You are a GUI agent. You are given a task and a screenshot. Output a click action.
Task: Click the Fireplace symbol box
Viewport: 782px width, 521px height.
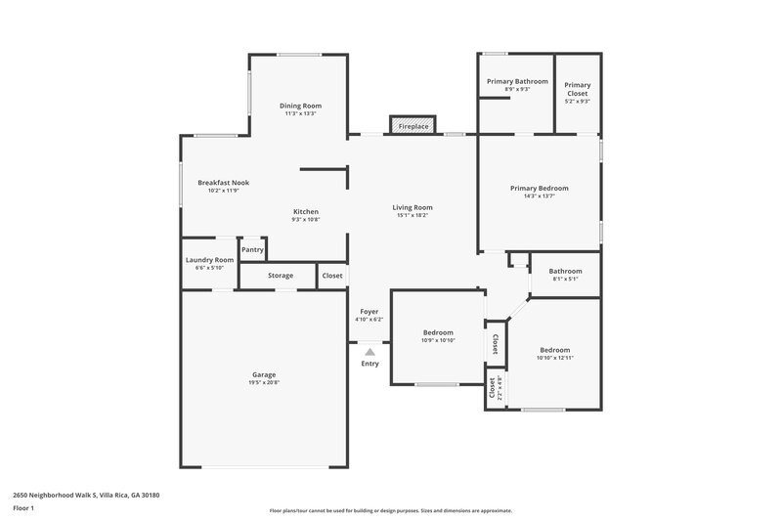(x=413, y=126)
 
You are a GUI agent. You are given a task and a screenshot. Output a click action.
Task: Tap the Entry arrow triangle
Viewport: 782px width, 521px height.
(x=369, y=351)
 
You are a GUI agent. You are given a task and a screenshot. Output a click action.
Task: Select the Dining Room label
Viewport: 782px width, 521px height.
(x=300, y=106)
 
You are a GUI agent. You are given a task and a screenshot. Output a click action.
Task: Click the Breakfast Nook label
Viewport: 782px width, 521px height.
(x=223, y=183)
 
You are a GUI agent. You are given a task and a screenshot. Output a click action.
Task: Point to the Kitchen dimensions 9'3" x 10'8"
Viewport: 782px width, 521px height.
(x=306, y=220)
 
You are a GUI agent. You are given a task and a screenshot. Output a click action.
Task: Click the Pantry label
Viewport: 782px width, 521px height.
(x=253, y=250)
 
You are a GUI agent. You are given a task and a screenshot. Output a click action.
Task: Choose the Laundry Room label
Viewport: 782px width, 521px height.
(x=209, y=260)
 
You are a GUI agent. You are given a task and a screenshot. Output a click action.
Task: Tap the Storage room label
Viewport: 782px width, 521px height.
(x=281, y=277)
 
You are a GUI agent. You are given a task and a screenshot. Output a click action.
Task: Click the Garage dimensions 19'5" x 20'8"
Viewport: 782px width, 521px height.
(x=264, y=382)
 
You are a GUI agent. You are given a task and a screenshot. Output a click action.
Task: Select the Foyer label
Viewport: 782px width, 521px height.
(x=369, y=312)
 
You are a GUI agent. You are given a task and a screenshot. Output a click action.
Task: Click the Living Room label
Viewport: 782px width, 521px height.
(x=413, y=207)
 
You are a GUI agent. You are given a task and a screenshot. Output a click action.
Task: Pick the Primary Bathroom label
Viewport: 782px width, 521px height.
(x=517, y=81)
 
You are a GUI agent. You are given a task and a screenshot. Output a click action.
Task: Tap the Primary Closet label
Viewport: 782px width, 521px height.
(x=578, y=85)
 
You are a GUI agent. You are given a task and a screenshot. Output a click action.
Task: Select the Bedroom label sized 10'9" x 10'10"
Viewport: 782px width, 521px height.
(x=438, y=332)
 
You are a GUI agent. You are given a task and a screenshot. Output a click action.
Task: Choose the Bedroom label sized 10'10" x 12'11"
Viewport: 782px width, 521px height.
(x=554, y=350)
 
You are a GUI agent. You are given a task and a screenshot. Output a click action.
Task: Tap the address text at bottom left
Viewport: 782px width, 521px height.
(x=86, y=496)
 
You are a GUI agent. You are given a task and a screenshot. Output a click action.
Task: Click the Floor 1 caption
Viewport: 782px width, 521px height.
(x=24, y=509)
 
